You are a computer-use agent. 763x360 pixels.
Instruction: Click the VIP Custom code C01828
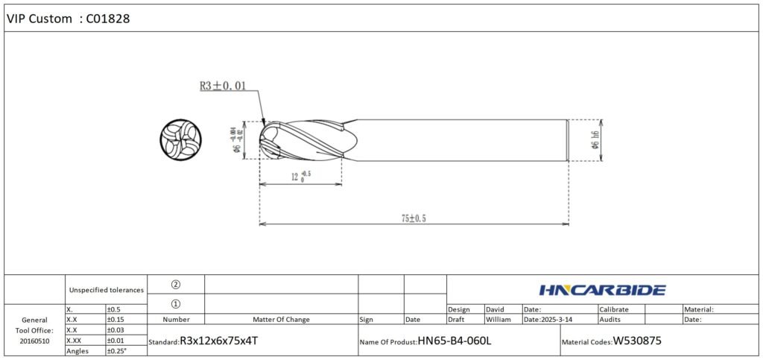[109, 19]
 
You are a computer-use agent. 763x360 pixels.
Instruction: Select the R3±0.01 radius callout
[223, 86]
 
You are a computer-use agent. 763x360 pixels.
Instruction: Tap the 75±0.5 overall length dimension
[415, 218]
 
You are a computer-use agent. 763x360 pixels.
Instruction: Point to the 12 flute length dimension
[300, 177]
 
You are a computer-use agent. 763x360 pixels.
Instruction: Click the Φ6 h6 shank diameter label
[595, 139]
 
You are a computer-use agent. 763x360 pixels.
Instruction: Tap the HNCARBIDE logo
[601, 290]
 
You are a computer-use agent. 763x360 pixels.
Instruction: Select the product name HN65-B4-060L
[455, 341]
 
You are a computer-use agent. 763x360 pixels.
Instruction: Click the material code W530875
[637, 341]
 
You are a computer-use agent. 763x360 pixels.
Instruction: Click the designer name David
[495, 309]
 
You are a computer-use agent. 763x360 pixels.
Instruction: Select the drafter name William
[498, 319]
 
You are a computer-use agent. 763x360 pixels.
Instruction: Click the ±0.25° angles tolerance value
[118, 350]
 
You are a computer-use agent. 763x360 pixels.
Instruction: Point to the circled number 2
[176, 284]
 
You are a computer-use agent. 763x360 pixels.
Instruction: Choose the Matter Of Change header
[281, 319]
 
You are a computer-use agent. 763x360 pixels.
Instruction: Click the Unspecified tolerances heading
[106, 289]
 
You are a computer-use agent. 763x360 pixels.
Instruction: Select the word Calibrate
[614, 309]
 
